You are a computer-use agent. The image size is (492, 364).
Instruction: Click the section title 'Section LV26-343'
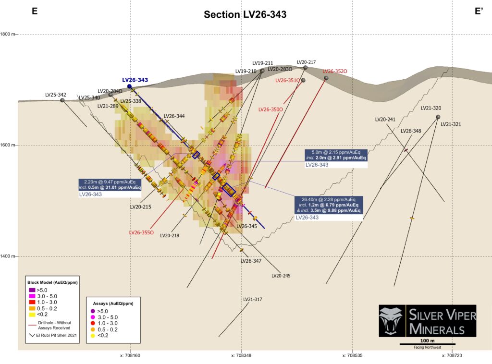click(x=245, y=14)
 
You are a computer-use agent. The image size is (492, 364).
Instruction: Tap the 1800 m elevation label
click(x=8, y=34)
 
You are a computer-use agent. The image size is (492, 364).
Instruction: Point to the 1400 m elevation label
click(x=8, y=256)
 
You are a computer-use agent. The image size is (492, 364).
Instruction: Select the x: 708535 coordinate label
click(x=352, y=355)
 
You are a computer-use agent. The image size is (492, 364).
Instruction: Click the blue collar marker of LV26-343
click(x=129, y=86)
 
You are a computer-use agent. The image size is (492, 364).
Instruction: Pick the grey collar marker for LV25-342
click(x=62, y=100)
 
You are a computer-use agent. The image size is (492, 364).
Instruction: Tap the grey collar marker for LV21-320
click(x=438, y=117)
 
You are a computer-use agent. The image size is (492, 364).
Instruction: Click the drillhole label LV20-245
click(x=281, y=276)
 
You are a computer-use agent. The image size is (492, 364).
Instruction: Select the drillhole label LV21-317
click(x=253, y=300)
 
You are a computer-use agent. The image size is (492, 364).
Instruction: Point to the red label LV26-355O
click(x=142, y=232)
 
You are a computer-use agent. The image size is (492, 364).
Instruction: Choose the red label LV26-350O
click(x=271, y=109)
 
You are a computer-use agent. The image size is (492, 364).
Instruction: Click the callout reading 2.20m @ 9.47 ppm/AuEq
click(x=110, y=185)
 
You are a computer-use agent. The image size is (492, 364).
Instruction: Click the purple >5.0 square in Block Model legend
click(x=32, y=290)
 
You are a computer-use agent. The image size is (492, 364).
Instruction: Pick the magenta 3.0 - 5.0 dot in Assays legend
click(x=93, y=317)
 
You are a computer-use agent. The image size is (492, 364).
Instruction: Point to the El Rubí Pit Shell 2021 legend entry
click(x=53, y=335)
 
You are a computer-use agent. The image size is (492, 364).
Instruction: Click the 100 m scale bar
click(x=427, y=344)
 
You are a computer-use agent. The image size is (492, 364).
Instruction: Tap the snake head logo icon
click(x=391, y=320)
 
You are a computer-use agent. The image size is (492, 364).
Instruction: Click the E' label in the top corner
click(x=479, y=12)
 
